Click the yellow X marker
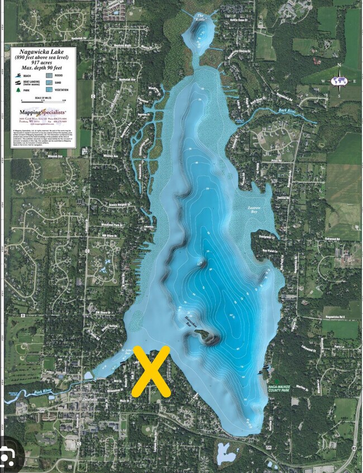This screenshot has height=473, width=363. coord(151,371)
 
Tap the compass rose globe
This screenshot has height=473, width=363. coord(338,81)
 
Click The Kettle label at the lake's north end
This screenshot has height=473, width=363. coord(200,17)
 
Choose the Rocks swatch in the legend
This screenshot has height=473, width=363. coord(49,74)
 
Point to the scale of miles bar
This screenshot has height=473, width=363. coord(42,102)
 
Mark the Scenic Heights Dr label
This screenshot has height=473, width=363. coord(120,205)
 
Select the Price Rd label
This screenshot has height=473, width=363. coord(275,160)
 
